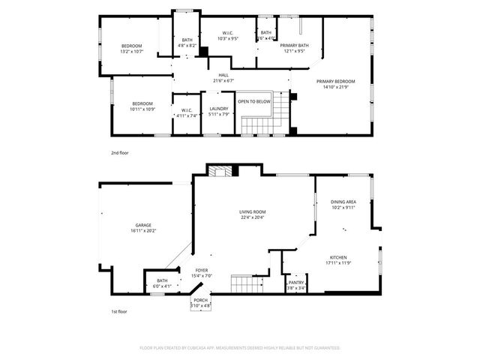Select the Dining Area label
point(343,202)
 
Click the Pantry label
point(296,283)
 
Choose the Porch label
point(201,300)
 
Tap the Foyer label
point(202,270)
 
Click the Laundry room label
point(219,109)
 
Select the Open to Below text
point(254,101)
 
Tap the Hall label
point(223,75)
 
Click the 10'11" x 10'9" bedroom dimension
point(142,109)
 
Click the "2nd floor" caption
point(120,152)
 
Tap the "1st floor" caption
point(119,310)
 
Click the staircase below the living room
point(244,284)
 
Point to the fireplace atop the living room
point(220,171)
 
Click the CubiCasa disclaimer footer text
point(240,348)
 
